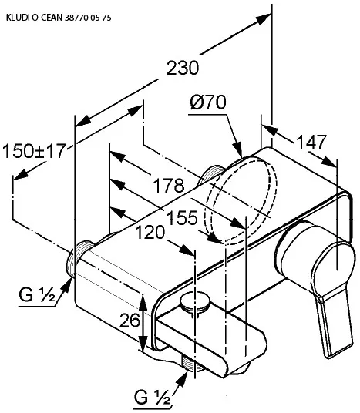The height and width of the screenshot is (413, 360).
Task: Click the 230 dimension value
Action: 183,68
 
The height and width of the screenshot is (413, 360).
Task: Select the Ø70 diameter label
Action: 208,102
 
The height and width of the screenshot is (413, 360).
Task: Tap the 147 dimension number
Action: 311,142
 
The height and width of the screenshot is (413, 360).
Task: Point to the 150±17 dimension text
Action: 33,151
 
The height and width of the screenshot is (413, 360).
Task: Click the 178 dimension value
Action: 169,185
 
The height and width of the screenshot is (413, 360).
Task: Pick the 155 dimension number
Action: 183,218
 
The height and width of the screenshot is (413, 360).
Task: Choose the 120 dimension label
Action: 150,233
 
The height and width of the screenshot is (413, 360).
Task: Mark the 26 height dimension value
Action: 130,321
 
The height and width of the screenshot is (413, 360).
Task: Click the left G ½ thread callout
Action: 37,294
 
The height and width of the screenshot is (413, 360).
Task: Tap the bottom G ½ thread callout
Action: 152,397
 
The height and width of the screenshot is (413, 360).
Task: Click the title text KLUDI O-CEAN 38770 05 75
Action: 59,18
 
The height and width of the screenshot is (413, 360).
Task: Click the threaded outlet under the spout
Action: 193,364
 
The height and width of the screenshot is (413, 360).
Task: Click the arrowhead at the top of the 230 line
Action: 264,18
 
